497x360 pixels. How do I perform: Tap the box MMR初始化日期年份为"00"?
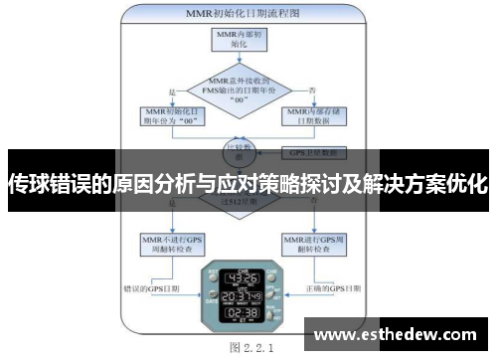pyautogui.click(x=167, y=119)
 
